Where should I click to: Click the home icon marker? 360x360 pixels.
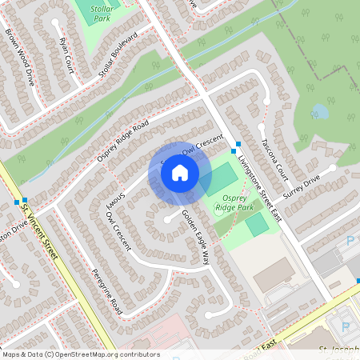[x=179, y=172]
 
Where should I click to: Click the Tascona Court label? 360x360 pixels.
[x=274, y=159]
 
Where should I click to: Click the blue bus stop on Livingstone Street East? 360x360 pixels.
[x=236, y=150]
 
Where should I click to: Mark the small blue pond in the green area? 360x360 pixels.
[x=319, y=110]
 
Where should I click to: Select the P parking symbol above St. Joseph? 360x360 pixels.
[x=346, y=326]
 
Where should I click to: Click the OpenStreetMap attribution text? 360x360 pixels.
[x=80, y=354]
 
